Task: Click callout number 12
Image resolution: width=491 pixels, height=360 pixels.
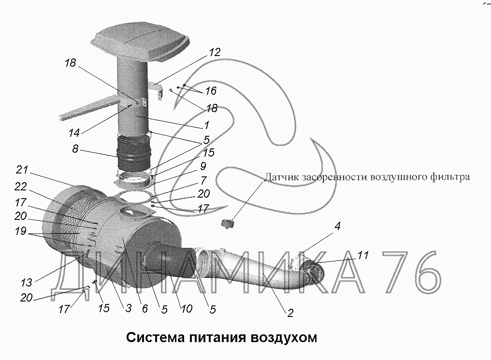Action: (x=215, y=52)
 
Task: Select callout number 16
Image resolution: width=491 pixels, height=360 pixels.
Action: (x=211, y=91)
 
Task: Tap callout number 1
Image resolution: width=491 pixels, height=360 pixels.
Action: (x=207, y=125)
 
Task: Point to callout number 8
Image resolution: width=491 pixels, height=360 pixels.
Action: (x=75, y=148)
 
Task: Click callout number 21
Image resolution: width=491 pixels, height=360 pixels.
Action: (x=22, y=170)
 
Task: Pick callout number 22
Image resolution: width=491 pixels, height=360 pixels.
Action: (x=21, y=187)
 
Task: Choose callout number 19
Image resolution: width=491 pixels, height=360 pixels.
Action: (x=21, y=231)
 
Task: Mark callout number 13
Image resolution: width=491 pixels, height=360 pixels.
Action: (x=26, y=283)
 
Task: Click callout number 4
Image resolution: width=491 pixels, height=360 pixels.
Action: (x=337, y=226)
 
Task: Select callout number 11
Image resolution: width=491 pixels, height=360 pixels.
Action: (x=363, y=255)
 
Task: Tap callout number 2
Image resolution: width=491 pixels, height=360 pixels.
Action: (x=290, y=313)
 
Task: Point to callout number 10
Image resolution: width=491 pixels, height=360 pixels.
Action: (x=187, y=309)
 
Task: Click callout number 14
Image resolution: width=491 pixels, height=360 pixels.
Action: (x=74, y=133)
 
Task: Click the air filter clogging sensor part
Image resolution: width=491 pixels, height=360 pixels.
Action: (x=229, y=224)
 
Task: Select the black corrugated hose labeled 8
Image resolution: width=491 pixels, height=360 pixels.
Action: (x=134, y=153)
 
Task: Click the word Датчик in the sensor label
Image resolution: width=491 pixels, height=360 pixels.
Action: (x=282, y=177)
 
